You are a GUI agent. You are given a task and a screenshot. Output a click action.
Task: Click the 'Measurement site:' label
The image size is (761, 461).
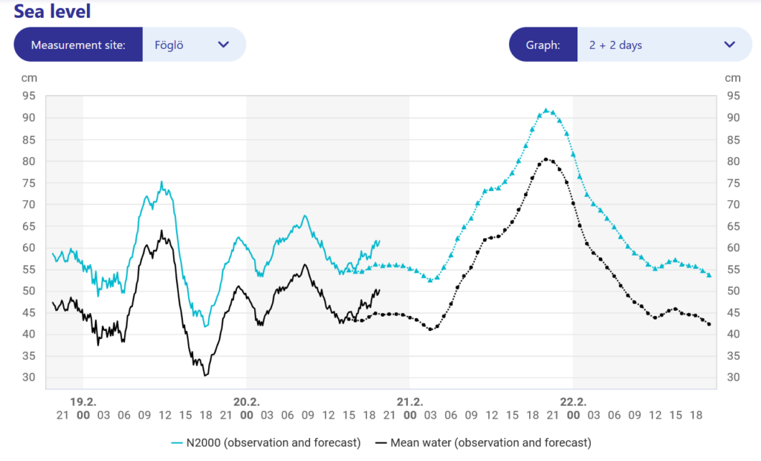(x=78, y=45)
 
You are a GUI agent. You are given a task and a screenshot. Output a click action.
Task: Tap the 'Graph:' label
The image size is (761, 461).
(x=543, y=45)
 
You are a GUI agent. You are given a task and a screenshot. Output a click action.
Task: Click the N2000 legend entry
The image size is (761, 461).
(x=265, y=442)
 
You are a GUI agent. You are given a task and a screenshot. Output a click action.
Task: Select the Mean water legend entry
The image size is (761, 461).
(x=482, y=442)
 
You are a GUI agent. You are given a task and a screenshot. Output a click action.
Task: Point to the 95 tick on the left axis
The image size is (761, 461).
(x=30, y=96)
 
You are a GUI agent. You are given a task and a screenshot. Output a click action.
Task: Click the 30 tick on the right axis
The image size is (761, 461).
(x=733, y=378)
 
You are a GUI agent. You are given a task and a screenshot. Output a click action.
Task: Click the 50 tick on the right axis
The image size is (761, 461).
(x=733, y=291)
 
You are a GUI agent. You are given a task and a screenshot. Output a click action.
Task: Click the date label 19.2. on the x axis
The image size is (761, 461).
(x=82, y=402)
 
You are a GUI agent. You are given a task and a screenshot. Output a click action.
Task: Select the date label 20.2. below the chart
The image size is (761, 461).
(x=246, y=402)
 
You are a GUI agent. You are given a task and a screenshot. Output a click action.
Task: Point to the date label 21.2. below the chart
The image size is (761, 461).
(x=409, y=402)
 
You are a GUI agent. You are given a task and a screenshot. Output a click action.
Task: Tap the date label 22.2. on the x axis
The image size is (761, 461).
(x=573, y=402)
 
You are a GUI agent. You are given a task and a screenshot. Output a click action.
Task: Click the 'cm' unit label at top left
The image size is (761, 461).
(x=30, y=78)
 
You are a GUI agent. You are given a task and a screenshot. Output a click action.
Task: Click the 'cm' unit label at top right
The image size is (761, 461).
(x=733, y=78)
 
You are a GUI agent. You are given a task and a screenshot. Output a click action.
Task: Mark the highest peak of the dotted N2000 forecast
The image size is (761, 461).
(x=545, y=110)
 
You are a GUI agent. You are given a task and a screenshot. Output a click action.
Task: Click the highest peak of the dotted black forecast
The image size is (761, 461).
(x=545, y=158)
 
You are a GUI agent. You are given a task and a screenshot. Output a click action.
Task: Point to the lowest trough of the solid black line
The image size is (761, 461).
(x=205, y=375)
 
